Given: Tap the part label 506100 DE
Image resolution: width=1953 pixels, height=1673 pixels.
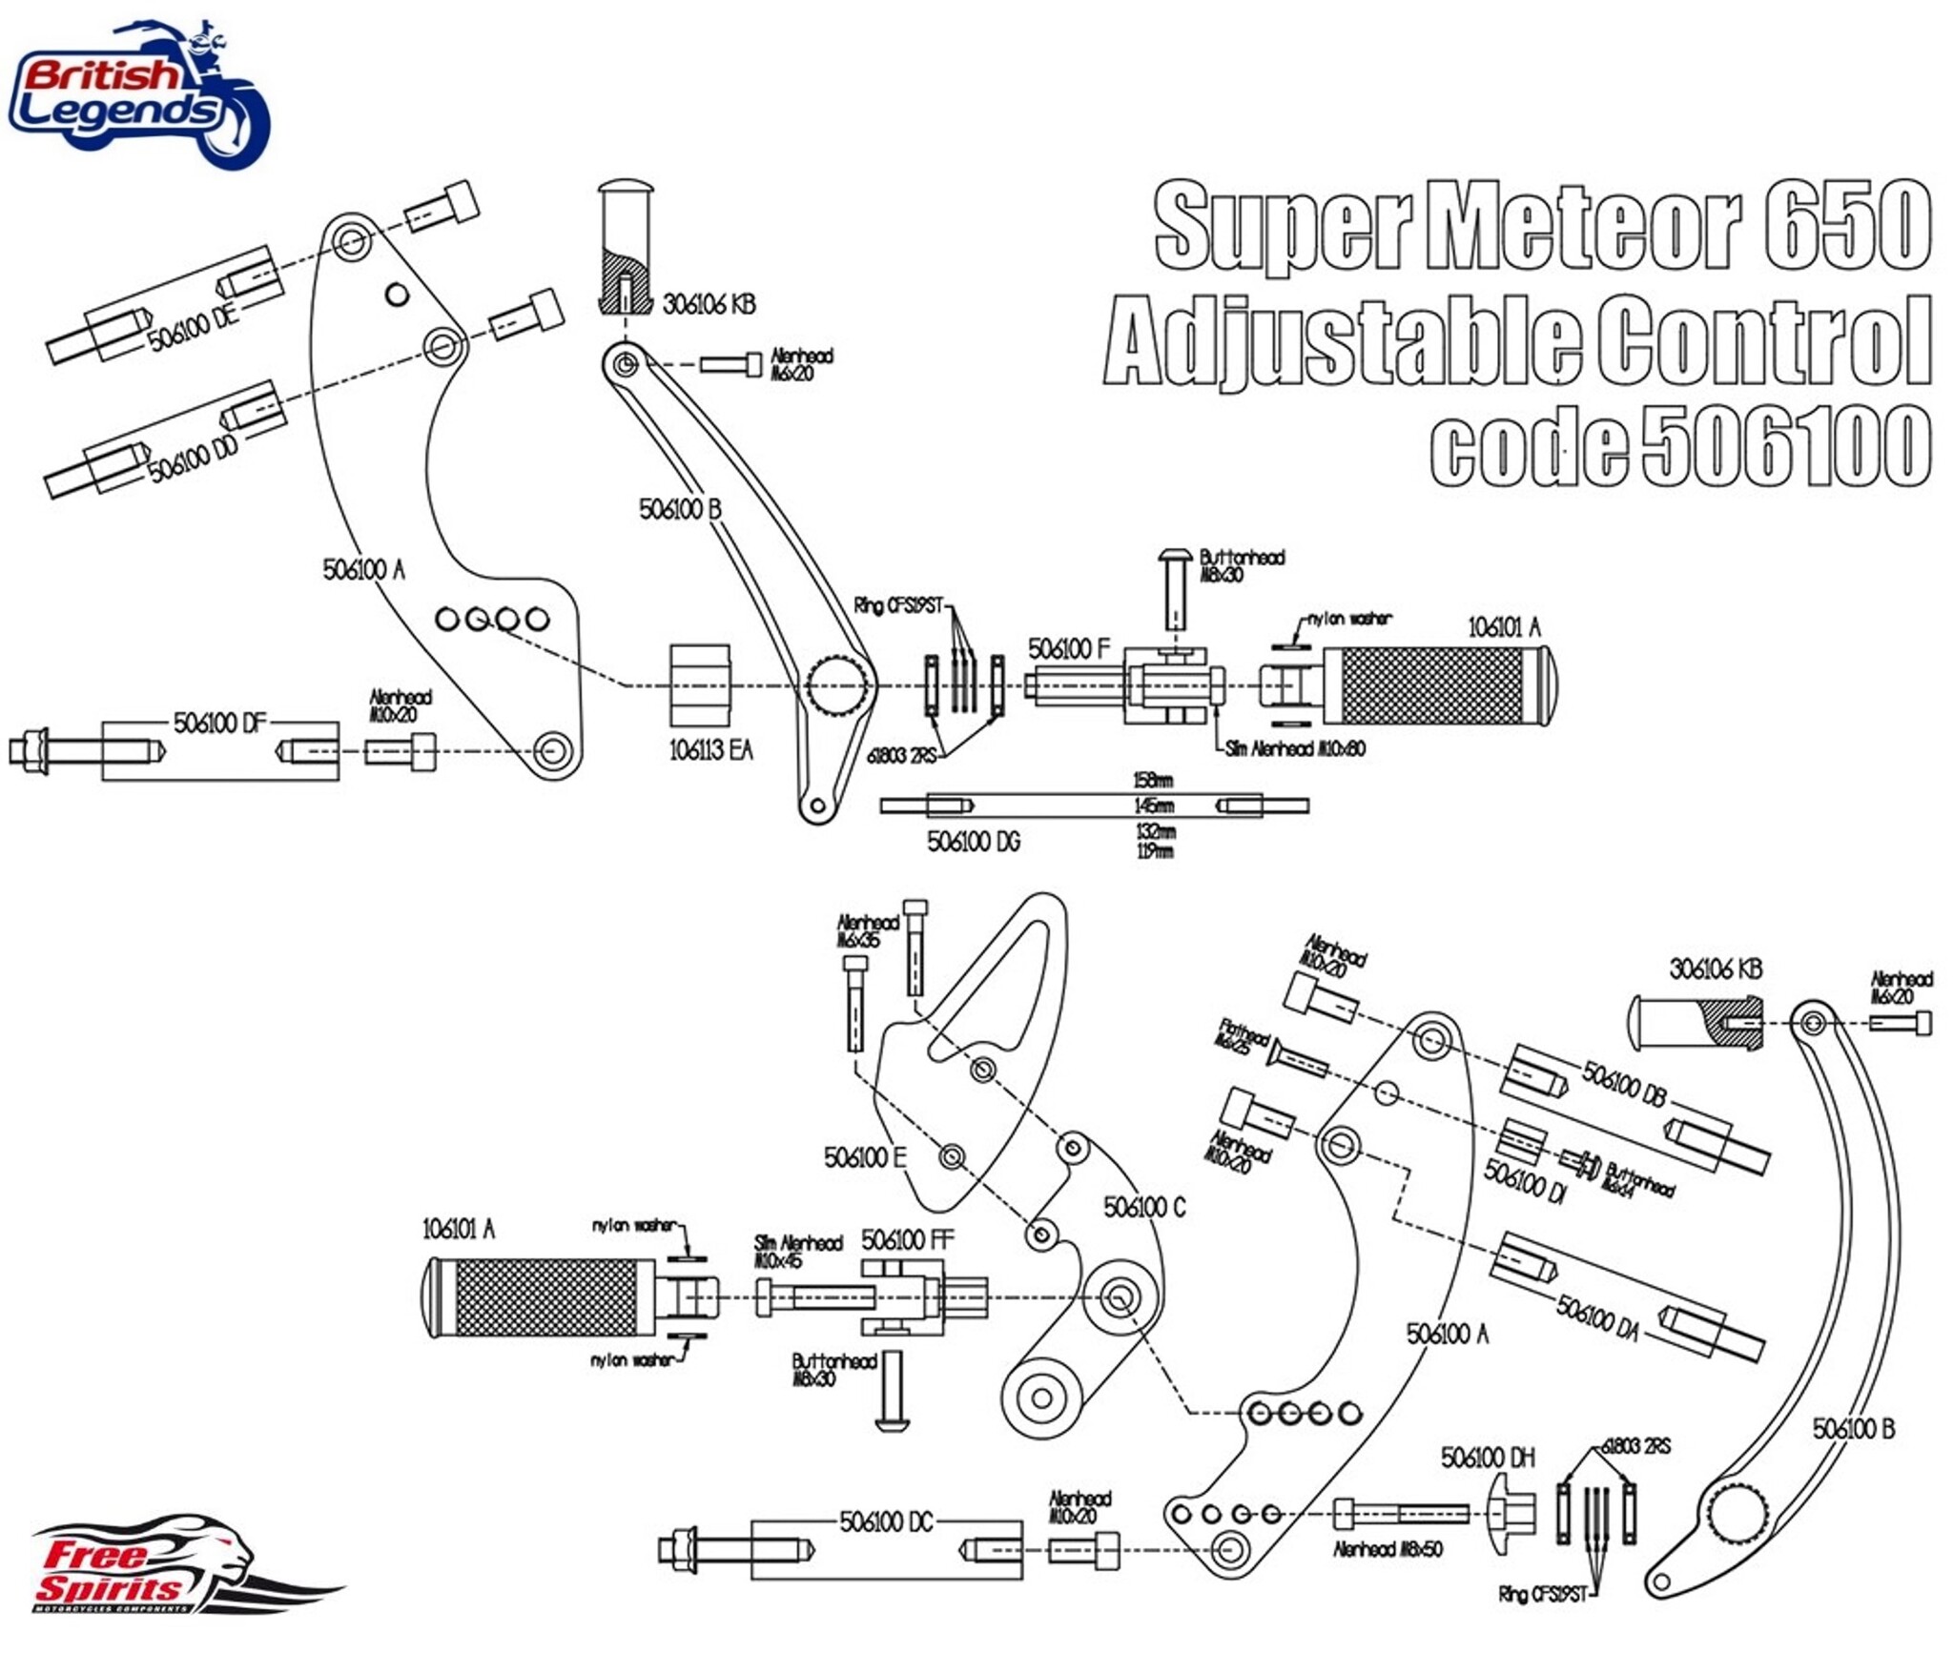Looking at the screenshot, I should [x=194, y=327].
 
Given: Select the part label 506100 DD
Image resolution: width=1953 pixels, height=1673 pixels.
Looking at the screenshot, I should [x=194, y=460].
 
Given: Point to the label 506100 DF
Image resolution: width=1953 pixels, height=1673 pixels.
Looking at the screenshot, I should [x=218, y=724].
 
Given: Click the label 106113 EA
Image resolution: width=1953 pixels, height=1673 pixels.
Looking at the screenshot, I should [x=710, y=750].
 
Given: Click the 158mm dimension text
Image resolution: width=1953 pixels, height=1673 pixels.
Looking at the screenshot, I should [x=1153, y=781].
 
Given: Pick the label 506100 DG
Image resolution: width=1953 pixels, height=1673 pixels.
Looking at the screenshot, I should [x=973, y=842].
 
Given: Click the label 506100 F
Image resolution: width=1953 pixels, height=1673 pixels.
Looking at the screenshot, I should [x=1068, y=649].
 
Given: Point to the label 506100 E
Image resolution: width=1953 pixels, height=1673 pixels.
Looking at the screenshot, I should [x=864, y=1157].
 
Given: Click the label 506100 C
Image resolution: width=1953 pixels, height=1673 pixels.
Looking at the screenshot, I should [x=1143, y=1208].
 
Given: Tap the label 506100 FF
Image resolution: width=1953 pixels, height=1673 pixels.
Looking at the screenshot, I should [x=907, y=1240].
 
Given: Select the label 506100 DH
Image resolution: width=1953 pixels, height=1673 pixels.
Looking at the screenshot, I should [x=1488, y=1458].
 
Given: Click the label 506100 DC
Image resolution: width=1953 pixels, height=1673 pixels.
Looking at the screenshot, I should [x=885, y=1522].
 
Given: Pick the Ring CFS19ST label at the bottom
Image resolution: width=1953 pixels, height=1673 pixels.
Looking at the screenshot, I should [x=1542, y=1594].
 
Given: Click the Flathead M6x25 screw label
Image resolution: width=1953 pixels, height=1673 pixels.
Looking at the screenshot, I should [x=1243, y=1036].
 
